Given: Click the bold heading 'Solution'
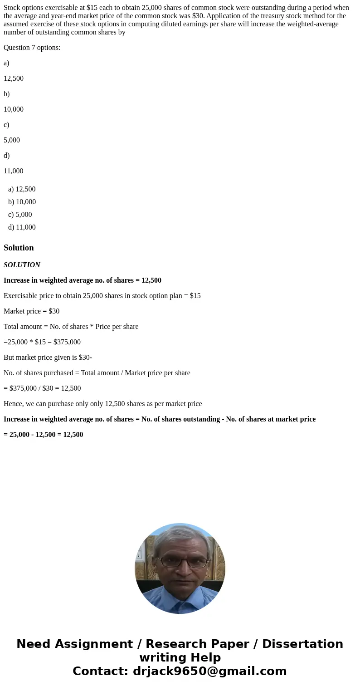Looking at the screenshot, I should [19, 248].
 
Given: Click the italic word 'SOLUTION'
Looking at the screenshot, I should [22, 265].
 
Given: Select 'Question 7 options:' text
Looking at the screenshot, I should [32, 48].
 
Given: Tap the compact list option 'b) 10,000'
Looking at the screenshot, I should [22, 202].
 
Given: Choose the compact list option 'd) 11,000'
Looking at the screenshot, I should [22, 227].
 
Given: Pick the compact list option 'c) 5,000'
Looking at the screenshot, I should [20, 215].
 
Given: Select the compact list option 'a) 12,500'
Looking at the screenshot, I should [22, 189].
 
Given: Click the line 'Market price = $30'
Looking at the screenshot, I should [31, 311].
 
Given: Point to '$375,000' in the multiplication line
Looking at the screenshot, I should [67, 342].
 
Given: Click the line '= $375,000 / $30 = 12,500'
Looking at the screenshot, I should [42, 388].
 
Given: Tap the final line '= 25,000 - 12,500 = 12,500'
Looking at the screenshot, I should [43, 435].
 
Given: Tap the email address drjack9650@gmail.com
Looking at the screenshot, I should [209, 671].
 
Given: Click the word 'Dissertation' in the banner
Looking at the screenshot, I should [302, 644].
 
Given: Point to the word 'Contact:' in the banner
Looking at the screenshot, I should [101, 671].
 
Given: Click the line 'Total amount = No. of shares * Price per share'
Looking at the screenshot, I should [71, 327].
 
